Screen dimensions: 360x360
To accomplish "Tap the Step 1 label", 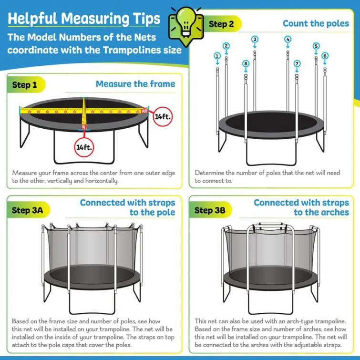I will click(x=25, y=85).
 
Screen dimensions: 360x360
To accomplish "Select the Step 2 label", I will click(x=221, y=24).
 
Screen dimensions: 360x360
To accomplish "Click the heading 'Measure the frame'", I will click(x=135, y=84).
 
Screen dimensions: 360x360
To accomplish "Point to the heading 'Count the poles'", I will click(x=315, y=23).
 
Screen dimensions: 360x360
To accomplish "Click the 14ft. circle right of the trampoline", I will click(x=162, y=116).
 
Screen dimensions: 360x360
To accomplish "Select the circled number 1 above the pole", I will click(x=217, y=56).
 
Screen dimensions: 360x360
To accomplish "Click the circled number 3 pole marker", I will click(x=255, y=39).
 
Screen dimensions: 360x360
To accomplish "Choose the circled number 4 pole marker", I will click(x=288, y=39).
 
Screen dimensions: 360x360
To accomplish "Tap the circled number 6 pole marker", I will click(x=325, y=56).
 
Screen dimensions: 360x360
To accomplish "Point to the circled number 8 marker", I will click(x=246, y=63).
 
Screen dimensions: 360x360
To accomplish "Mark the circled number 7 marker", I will click(x=297, y=63).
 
